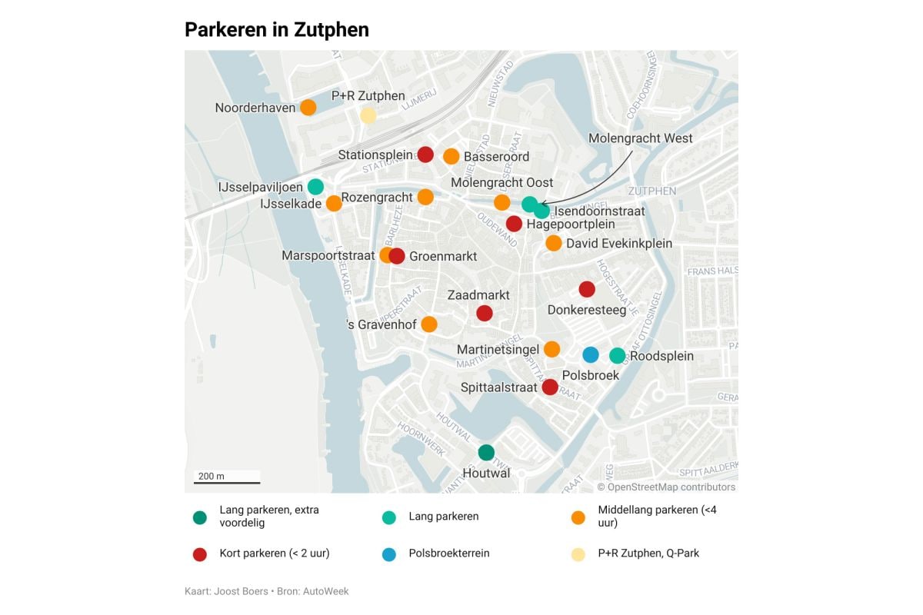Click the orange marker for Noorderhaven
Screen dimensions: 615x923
(308, 108)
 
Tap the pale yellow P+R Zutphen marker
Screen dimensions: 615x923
(368, 115)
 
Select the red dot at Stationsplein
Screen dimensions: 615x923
(425, 155)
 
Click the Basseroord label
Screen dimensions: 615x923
(496, 157)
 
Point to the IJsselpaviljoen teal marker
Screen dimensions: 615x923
(315, 186)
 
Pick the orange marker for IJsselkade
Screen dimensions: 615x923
(334, 204)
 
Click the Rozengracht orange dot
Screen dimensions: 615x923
(425, 198)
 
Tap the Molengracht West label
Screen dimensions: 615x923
(640, 139)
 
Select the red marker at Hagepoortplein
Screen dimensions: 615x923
(514, 224)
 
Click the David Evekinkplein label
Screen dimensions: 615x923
(619, 244)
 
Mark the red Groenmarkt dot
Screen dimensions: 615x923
(397, 256)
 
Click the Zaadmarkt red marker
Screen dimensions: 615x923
(485, 313)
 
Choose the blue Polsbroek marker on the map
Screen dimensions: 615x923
(590, 354)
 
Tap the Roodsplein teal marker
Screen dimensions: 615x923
(618, 355)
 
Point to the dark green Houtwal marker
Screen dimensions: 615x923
(486, 453)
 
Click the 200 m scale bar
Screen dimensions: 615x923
(226, 482)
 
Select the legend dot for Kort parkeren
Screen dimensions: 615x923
(200, 553)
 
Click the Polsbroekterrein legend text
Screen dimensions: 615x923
(449, 553)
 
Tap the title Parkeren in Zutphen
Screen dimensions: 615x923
(277, 30)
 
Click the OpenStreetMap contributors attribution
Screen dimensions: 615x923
(666, 487)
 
